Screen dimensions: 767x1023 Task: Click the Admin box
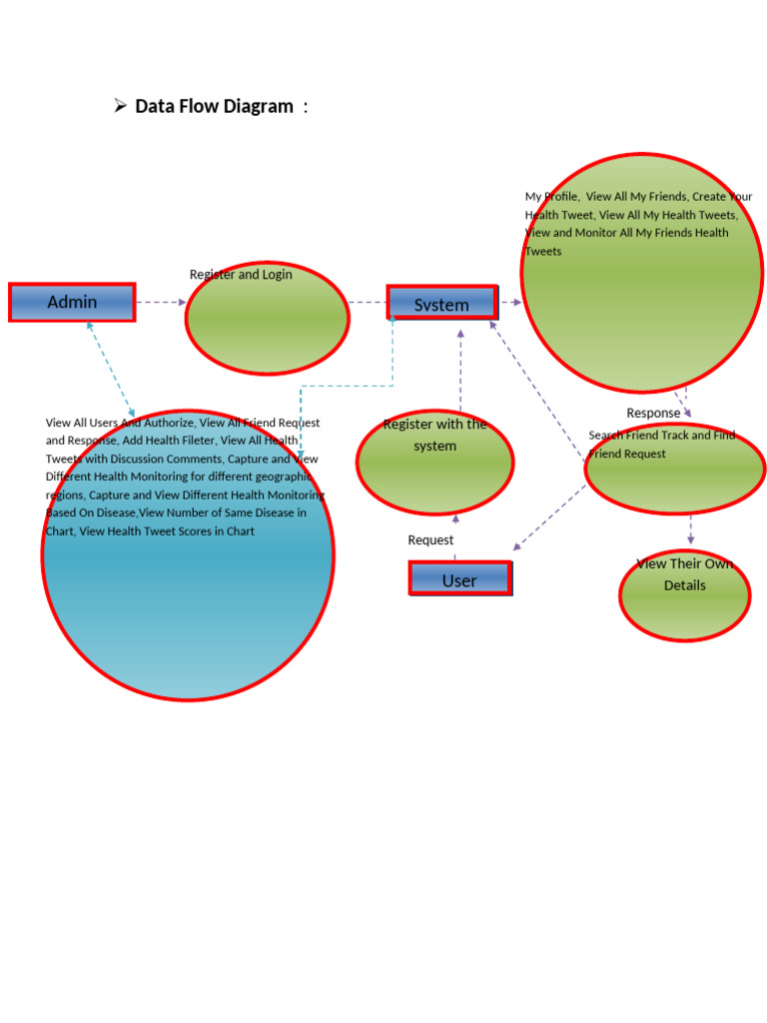point(72,302)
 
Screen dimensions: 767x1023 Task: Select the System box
point(441,303)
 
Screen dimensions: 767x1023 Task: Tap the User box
point(459,578)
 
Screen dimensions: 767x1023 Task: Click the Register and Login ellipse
point(268,320)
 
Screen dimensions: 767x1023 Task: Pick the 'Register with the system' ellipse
point(435,464)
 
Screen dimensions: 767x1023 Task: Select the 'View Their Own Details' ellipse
point(684,595)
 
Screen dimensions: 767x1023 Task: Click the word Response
point(653,413)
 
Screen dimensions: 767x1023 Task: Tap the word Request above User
point(430,540)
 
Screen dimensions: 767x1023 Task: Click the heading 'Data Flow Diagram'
point(215,106)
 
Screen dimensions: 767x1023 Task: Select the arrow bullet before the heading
point(120,105)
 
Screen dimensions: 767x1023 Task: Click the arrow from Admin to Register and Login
point(160,302)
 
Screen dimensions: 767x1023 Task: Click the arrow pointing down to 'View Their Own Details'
point(690,529)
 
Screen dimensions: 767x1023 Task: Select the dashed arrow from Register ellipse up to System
point(460,370)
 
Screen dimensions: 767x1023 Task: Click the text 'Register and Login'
point(241,274)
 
